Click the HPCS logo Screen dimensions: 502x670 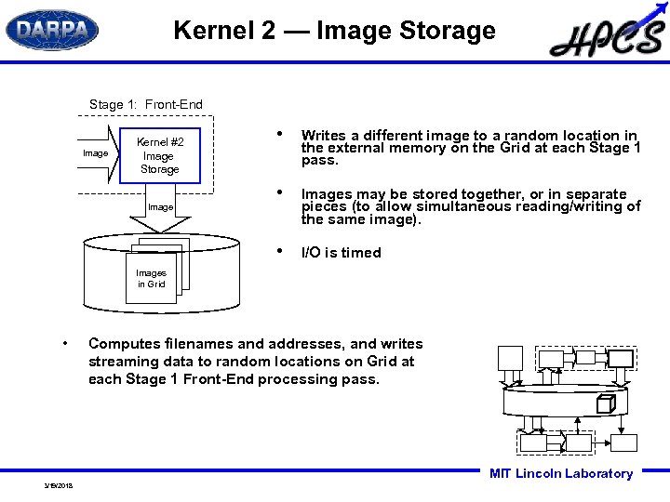tap(607, 36)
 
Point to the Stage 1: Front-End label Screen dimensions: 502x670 tap(145, 104)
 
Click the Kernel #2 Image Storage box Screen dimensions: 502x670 tap(160, 155)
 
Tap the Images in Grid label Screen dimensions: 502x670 tap(151, 279)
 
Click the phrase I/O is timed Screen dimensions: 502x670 tap(341, 253)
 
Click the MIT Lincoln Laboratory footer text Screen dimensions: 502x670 tap(560, 474)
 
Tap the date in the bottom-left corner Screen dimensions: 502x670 tap(58, 485)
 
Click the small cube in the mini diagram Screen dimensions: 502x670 tap(605, 403)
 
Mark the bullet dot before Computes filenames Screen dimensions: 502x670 tap(64, 344)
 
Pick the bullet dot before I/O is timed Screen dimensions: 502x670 tap(281, 252)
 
